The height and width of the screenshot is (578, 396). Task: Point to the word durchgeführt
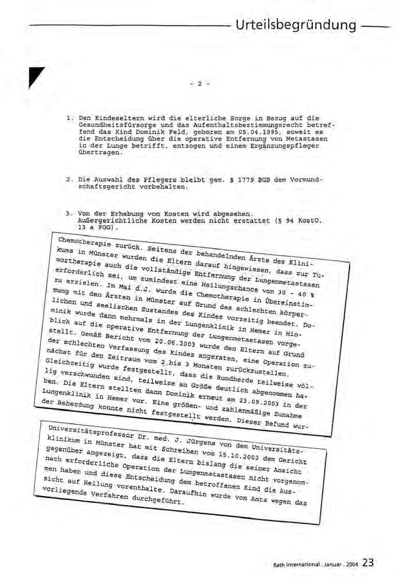(x=159, y=500)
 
